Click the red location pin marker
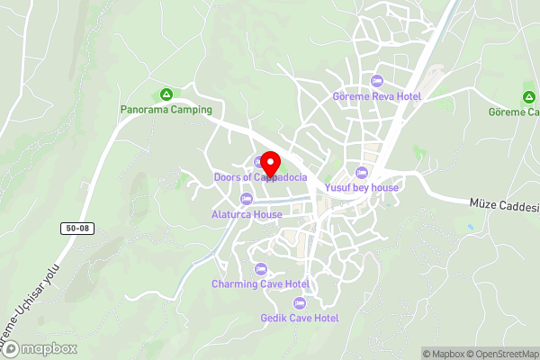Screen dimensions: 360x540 tap(270, 164)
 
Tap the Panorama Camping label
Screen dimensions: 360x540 tap(166, 110)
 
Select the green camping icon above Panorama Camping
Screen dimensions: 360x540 tap(166, 94)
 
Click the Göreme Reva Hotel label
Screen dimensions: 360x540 tap(377, 96)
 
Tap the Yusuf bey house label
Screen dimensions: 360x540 tap(362, 187)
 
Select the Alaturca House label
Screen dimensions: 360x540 tap(247, 214)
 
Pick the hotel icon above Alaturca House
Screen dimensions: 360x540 tap(247, 199)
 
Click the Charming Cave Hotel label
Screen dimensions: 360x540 tap(260, 284)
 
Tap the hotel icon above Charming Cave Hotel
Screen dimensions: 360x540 tap(260, 269)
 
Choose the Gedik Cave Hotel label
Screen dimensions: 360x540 tap(299, 318)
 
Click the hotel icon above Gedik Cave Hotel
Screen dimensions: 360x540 tap(299, 302)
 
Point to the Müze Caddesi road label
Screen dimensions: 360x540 tap(504, 206)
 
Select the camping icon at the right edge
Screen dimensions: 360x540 tap(528, 97)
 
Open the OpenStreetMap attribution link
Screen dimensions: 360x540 tap(499, 354)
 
